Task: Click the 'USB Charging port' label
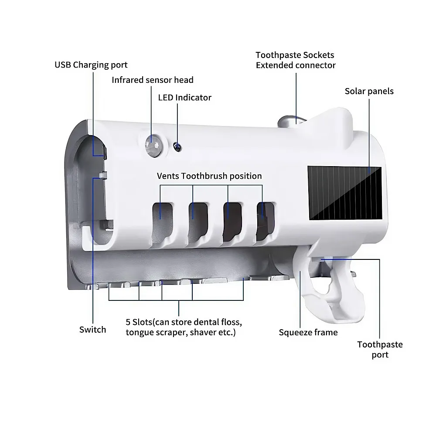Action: tap(91, 65)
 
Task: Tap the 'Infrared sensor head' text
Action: tap(152, 80)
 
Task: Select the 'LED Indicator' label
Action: tap(184, 97)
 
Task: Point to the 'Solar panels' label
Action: tap(369, 91)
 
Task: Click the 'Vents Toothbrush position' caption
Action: tap(209, 176)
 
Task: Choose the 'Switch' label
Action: tap(92, 330)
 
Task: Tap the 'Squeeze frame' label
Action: tap(308, 333)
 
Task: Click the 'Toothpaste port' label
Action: tap(380, 349)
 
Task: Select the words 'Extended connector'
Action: tap(296, 65)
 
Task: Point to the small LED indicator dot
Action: tap(176, 147)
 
